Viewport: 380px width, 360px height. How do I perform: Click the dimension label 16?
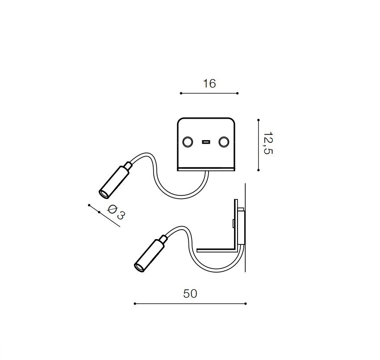209,83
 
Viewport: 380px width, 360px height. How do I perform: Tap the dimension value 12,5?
268,143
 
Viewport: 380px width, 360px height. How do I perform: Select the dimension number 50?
190,294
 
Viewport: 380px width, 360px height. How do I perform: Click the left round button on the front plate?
188,142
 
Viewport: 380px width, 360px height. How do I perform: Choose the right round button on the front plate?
224,142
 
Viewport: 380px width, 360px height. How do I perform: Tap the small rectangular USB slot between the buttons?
206,142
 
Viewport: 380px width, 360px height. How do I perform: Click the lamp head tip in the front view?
104,194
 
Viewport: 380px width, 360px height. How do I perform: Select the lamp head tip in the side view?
139,267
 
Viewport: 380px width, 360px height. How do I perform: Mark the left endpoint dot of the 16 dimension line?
181,93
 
